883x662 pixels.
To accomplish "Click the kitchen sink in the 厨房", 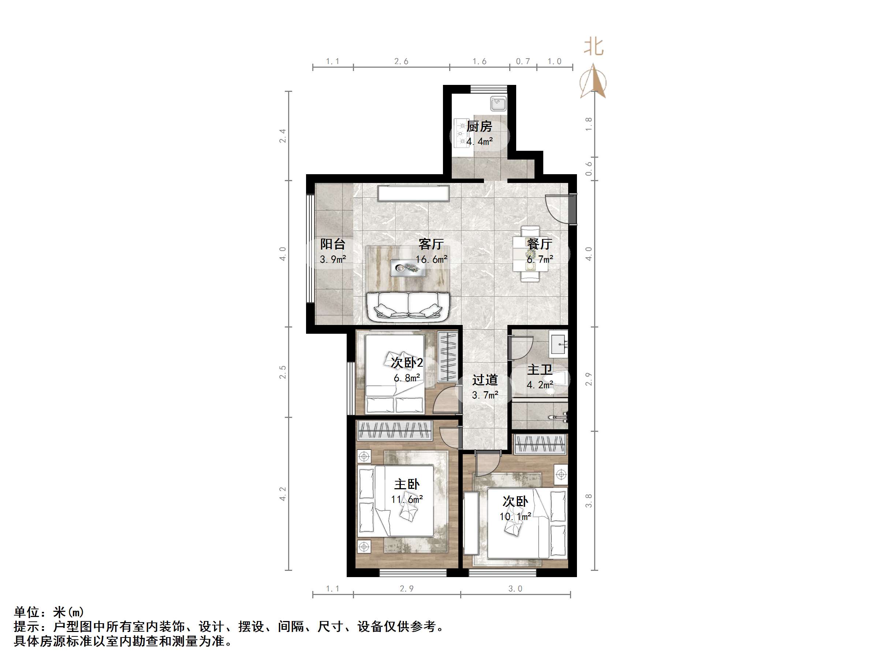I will click(x=498, y=104).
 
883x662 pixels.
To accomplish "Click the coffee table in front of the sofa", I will click(x=408, y=268).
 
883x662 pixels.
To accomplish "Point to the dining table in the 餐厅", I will click(x=530, y=254).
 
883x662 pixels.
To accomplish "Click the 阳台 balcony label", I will click(x=332, y=244).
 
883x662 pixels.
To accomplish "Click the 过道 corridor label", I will click(x=485, y=379).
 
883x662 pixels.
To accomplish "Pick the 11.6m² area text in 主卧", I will click(x=407, y=499).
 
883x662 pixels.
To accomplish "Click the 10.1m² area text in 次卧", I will click(x=515, y=516).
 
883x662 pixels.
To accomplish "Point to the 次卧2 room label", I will click(x=406, y=362).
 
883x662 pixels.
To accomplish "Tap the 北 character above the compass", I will click(x=593, y=47).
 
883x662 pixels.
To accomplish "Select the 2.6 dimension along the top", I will click(x=401, y=61).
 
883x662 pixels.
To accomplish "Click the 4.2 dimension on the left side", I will click(x=283, y=494).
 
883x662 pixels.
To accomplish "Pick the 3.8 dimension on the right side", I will click(x=588, y=500).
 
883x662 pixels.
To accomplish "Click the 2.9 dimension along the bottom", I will click(x=406, y=588).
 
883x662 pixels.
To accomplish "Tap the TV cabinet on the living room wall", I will click(x=413, y=193).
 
